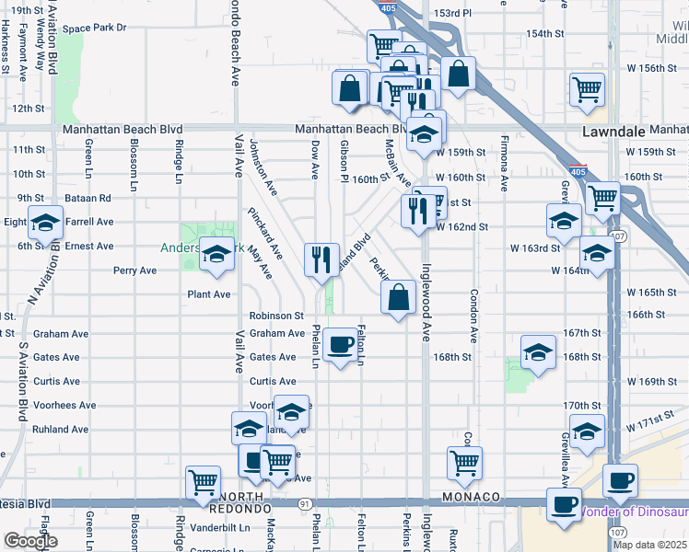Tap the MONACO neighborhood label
471,497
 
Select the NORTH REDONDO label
236,502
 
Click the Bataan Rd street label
88,198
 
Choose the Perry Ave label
134,270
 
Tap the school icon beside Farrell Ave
45,223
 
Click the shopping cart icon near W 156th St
587,89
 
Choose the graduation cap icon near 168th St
539,351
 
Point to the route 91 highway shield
304,503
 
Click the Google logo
30,541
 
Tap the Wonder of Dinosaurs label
636,512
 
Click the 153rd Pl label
453,14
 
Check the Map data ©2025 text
648,545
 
